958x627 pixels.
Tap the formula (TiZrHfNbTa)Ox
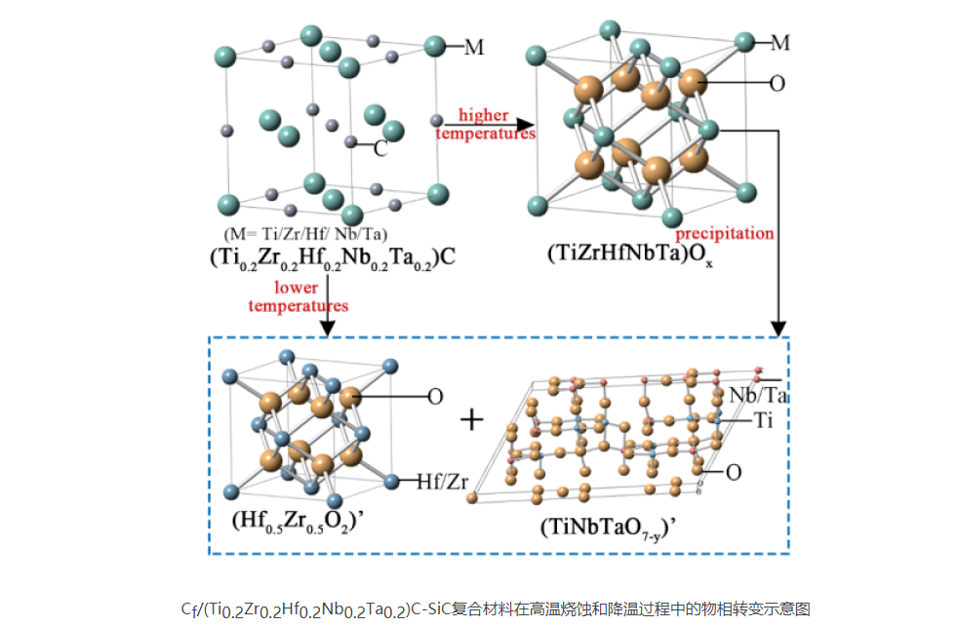click(631, 255)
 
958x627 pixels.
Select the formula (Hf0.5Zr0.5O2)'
click(293, 519)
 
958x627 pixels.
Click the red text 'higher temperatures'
click(484, 125)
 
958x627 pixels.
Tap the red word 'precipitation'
click(726, 233)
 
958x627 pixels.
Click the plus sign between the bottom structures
click(472, 419)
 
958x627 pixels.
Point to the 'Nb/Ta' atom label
click(759, 395)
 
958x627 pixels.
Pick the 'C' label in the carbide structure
click(381, 149)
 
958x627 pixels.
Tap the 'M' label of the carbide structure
click(474, 47)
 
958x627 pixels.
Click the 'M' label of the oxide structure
click(779, 42)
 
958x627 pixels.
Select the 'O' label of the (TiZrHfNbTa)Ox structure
click(777, 84)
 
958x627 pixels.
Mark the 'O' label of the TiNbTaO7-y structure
click(733, 472)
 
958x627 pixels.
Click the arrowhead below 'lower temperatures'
click(328, 328)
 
